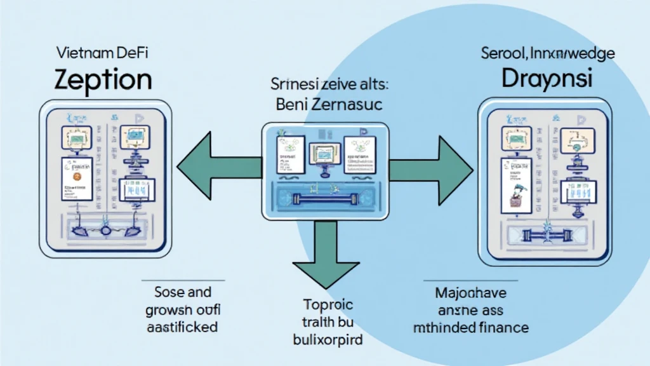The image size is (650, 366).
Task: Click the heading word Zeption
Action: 103,80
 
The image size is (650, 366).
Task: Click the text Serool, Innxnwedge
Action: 547,53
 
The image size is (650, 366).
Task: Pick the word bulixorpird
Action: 324,339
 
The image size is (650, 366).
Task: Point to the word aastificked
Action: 182,327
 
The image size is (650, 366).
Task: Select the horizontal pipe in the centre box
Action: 324,198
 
